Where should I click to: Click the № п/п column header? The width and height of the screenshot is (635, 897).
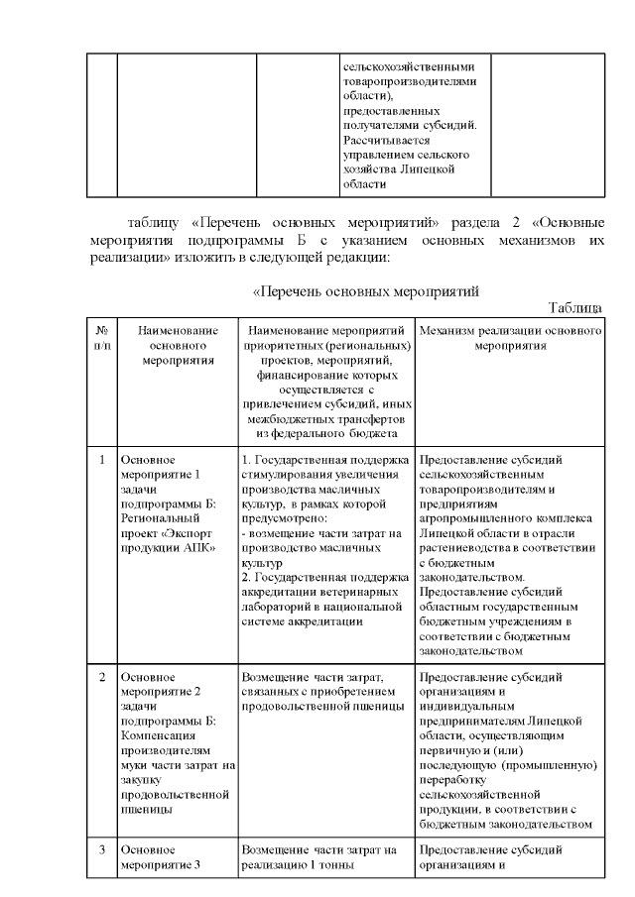point(102,337)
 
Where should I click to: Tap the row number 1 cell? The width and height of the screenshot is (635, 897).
point(102,460)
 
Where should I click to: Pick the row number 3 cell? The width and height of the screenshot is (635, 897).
point(102,849)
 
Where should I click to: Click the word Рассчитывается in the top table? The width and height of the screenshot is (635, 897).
point(374,140)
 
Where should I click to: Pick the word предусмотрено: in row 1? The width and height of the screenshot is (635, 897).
point(284,517)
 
